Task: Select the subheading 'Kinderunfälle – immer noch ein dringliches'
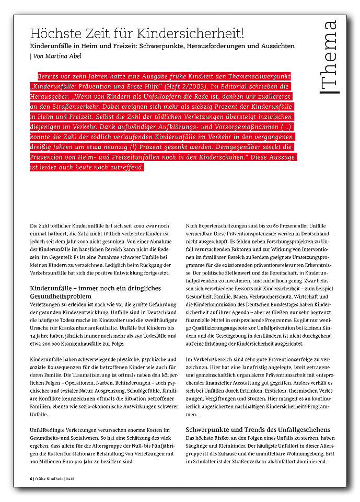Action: pyautogui.click(x=95, y=288)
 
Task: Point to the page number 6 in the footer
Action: pyautogui.click(x=31, y=479)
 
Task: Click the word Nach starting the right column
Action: pyautogui.click(x=192, y=225)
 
